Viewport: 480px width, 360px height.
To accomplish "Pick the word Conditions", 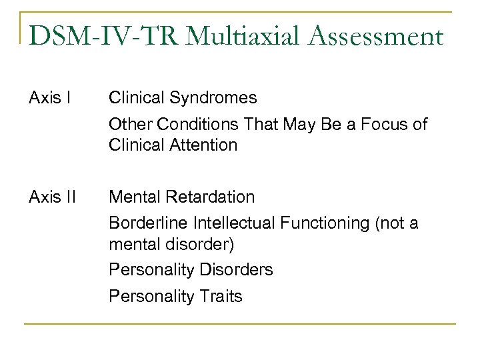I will [197, 125].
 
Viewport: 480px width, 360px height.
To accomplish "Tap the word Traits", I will [221, 296].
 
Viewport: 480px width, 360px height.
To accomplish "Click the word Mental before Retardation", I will [133, 197].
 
